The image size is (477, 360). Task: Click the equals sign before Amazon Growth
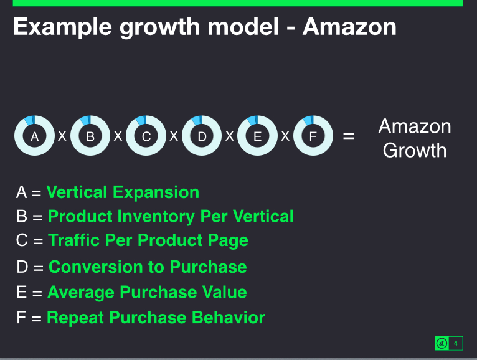(349, 136)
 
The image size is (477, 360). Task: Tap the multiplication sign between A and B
(62, 136)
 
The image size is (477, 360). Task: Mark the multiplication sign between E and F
(285, 136)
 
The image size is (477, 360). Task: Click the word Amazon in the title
(349, 27)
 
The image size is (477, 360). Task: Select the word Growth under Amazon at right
(415, 150)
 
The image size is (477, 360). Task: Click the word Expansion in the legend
(156, 193)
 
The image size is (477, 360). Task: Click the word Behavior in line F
(229, 318)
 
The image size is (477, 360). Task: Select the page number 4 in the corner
(455, 344)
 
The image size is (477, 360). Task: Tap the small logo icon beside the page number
(442, 344)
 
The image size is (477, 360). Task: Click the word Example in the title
(63, 27)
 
